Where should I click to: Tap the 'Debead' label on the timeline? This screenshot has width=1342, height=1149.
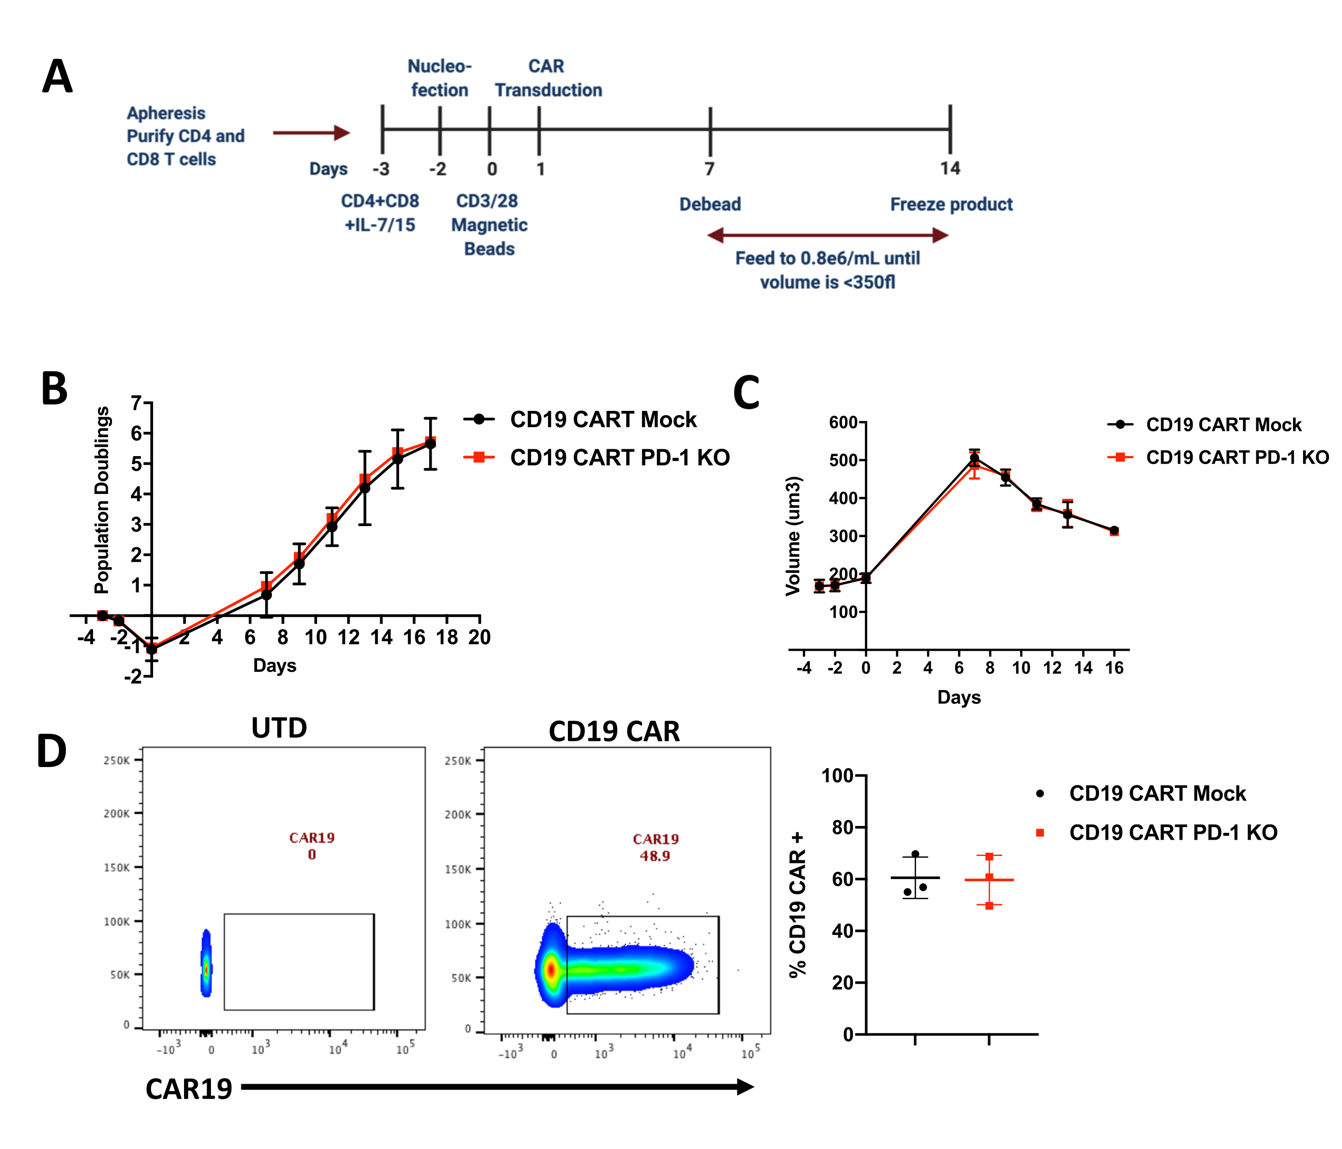[710, 204]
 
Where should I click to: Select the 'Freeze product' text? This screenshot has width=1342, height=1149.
[951, 204]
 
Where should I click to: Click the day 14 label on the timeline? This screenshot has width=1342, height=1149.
[950, 168]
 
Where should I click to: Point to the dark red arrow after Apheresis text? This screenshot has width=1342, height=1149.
[311, 133]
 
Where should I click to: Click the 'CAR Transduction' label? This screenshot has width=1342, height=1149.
[548, 78]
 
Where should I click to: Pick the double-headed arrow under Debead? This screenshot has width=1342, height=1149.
[828, 235]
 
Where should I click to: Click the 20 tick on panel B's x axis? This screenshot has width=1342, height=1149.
[479, 638]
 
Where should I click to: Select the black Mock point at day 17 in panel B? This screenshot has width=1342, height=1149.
[430, 444]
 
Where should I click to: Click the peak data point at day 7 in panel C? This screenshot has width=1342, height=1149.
[974, 459]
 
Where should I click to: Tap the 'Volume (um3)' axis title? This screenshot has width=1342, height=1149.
[794, 536]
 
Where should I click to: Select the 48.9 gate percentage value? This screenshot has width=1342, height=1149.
[655, 856]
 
